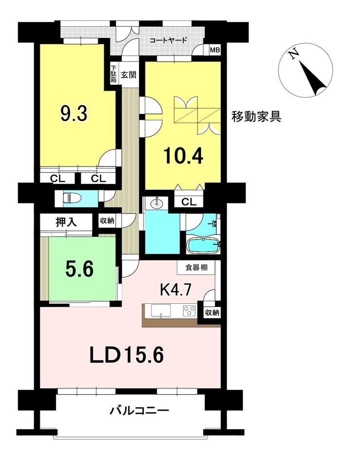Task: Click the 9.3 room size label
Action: click(x=74, y=113)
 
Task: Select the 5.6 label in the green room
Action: click(x=80, y=269)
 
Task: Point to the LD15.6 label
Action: click(x=126, y=355)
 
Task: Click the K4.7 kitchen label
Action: click(x=176, y=290)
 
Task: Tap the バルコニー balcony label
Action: click(x=139, y=411)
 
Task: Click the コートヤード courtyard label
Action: click(x=168, y=40)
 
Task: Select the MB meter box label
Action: click(x=215, y=50)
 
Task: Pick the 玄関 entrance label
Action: click(x=129, y=75)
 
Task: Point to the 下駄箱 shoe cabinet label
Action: click(x=113, y=74)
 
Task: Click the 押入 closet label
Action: click(x=67, y=222)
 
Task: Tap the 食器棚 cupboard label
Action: click(x=197, y=267)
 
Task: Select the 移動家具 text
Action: click(x=256, y=116)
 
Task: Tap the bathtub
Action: click(x=204, y=245)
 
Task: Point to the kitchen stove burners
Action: click(x=189, y=310)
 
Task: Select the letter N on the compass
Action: click(x=293, y=55)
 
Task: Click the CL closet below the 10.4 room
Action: click(x=189, y=202)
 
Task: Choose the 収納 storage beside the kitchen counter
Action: click(x=212, y=312)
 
